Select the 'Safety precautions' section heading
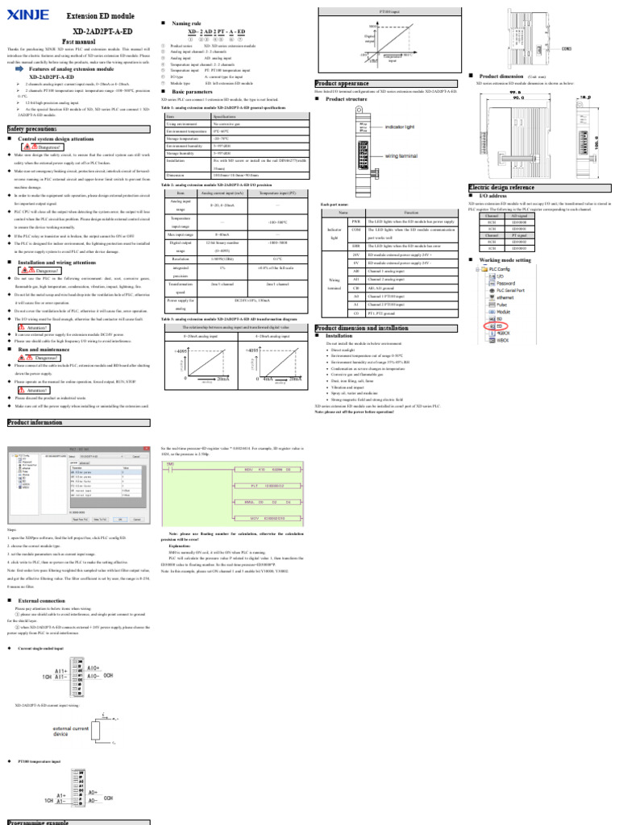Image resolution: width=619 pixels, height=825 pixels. (32, 128)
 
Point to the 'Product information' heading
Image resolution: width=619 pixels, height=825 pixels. (35, 421)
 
